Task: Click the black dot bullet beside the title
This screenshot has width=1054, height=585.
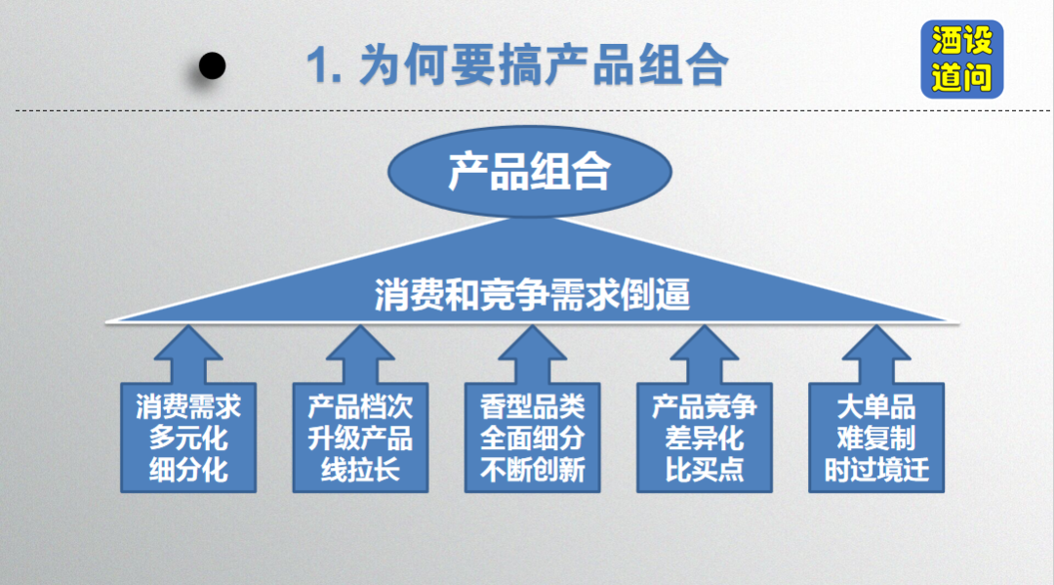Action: (213, 65)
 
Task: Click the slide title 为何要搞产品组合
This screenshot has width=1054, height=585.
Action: (544, 65)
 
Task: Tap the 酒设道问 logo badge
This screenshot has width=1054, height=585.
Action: (962, 60)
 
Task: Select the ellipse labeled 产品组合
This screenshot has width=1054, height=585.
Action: (530, 172)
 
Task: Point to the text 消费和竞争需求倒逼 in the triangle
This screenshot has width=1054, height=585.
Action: (533, 295)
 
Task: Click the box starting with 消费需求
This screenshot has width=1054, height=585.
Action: (188, 438)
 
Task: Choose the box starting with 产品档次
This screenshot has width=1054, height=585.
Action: (360, 438)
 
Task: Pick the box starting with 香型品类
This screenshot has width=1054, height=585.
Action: (533, 438)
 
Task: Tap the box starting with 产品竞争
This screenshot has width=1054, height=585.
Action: (705, 438)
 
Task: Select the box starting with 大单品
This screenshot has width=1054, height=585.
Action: (876, 438)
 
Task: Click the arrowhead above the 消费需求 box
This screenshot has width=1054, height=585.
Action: (188, 344)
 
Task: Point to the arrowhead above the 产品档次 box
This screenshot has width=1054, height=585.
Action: (360, 344)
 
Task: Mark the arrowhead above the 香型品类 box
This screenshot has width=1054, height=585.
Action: (533, 344)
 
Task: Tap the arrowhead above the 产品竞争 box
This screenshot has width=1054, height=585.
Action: (705, 344)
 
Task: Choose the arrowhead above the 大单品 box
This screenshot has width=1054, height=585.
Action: (876, 344)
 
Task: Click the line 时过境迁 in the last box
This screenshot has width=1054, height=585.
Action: (876, 470)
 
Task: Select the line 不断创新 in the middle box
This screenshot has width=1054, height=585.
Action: (533, 470)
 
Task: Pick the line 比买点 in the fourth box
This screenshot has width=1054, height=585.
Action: (705, 470)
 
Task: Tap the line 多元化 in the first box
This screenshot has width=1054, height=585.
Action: (188, 439)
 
